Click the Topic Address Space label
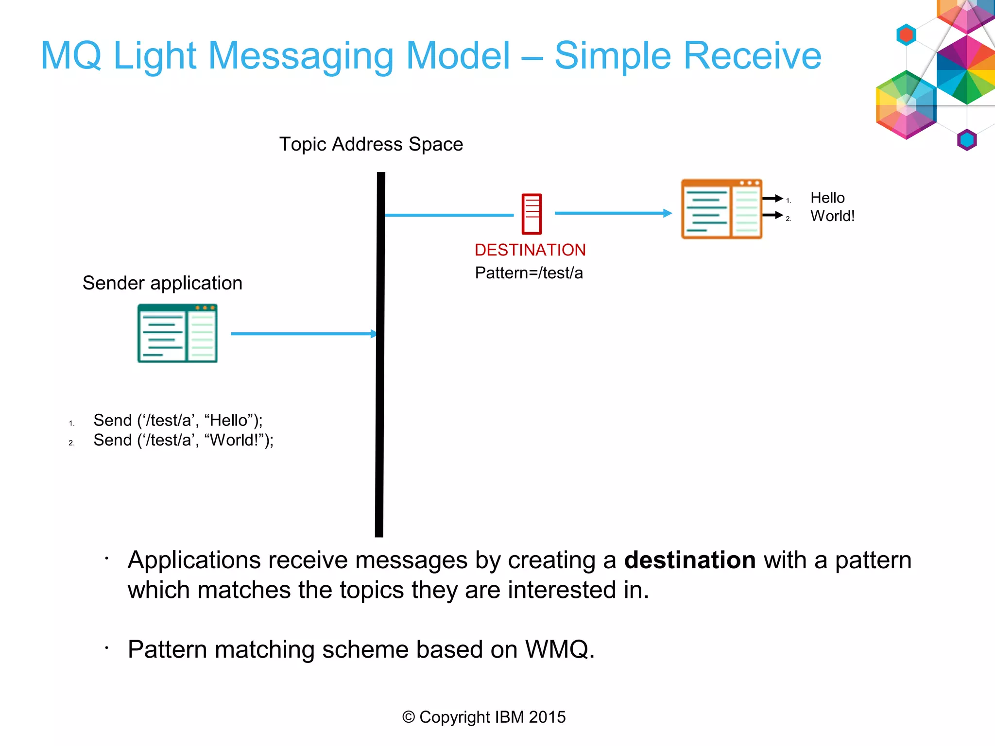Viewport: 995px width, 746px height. (x=371, y=144)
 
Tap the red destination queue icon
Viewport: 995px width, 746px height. (x=532, y=214)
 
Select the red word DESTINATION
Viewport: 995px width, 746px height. (x=530, y=250)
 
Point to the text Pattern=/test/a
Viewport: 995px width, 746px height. (x=529, y=273)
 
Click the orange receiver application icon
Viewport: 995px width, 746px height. (x=721, y=209)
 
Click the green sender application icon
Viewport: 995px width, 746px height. (x=177, y=333)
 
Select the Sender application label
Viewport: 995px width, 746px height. (x=162, y=283)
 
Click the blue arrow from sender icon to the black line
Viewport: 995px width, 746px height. (x=301, y=334)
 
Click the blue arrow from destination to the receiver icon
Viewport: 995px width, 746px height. (x=612, y=213)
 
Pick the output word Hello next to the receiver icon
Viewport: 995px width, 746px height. (x=827, y=198)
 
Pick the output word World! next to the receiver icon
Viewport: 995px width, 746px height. (x=832, y=216)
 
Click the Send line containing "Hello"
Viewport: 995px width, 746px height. (x=178, y=420)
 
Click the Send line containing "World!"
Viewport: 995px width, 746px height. (x=183, y=440)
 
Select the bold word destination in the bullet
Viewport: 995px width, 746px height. (x=689, y=560)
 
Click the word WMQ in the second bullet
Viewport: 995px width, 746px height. (x=559, y=649)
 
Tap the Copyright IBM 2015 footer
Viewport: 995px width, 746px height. (x=484, y=717)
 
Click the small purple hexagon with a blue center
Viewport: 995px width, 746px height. (x=967, y=140)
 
